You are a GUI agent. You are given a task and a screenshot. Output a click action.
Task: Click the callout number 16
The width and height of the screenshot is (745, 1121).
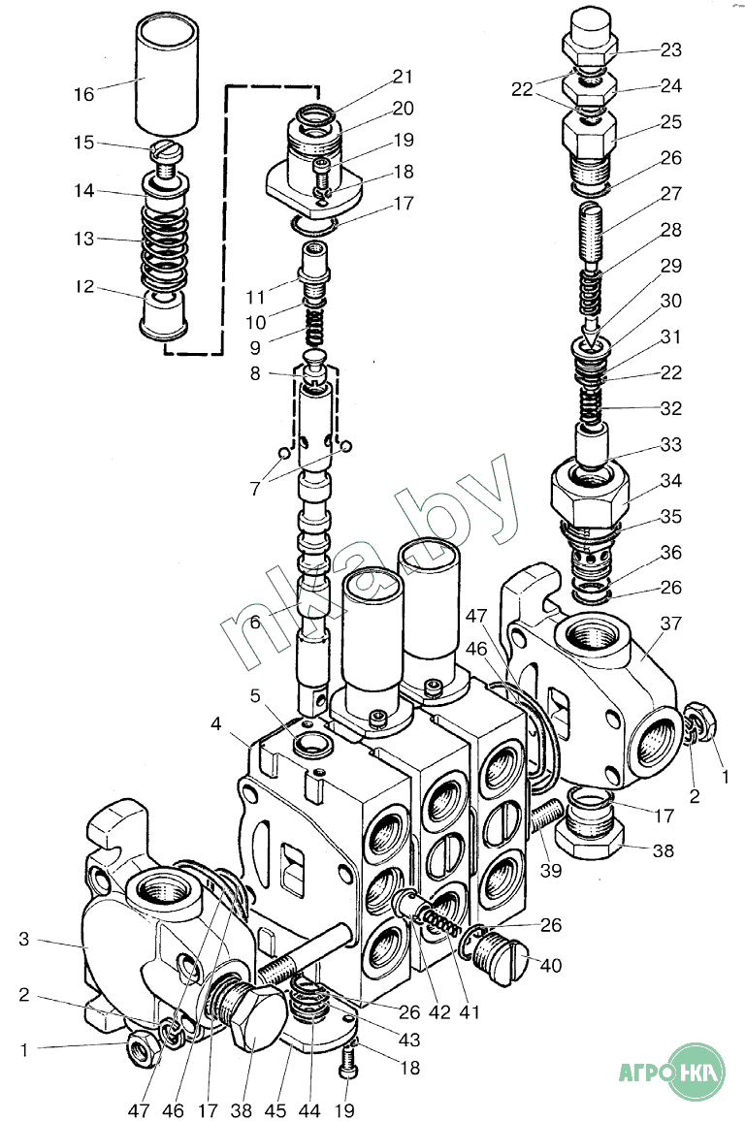[84, 94]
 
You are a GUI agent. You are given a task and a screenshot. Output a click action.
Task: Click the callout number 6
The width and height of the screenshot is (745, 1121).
[255, 624]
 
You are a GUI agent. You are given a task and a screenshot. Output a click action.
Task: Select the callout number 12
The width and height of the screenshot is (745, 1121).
[84, 288]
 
